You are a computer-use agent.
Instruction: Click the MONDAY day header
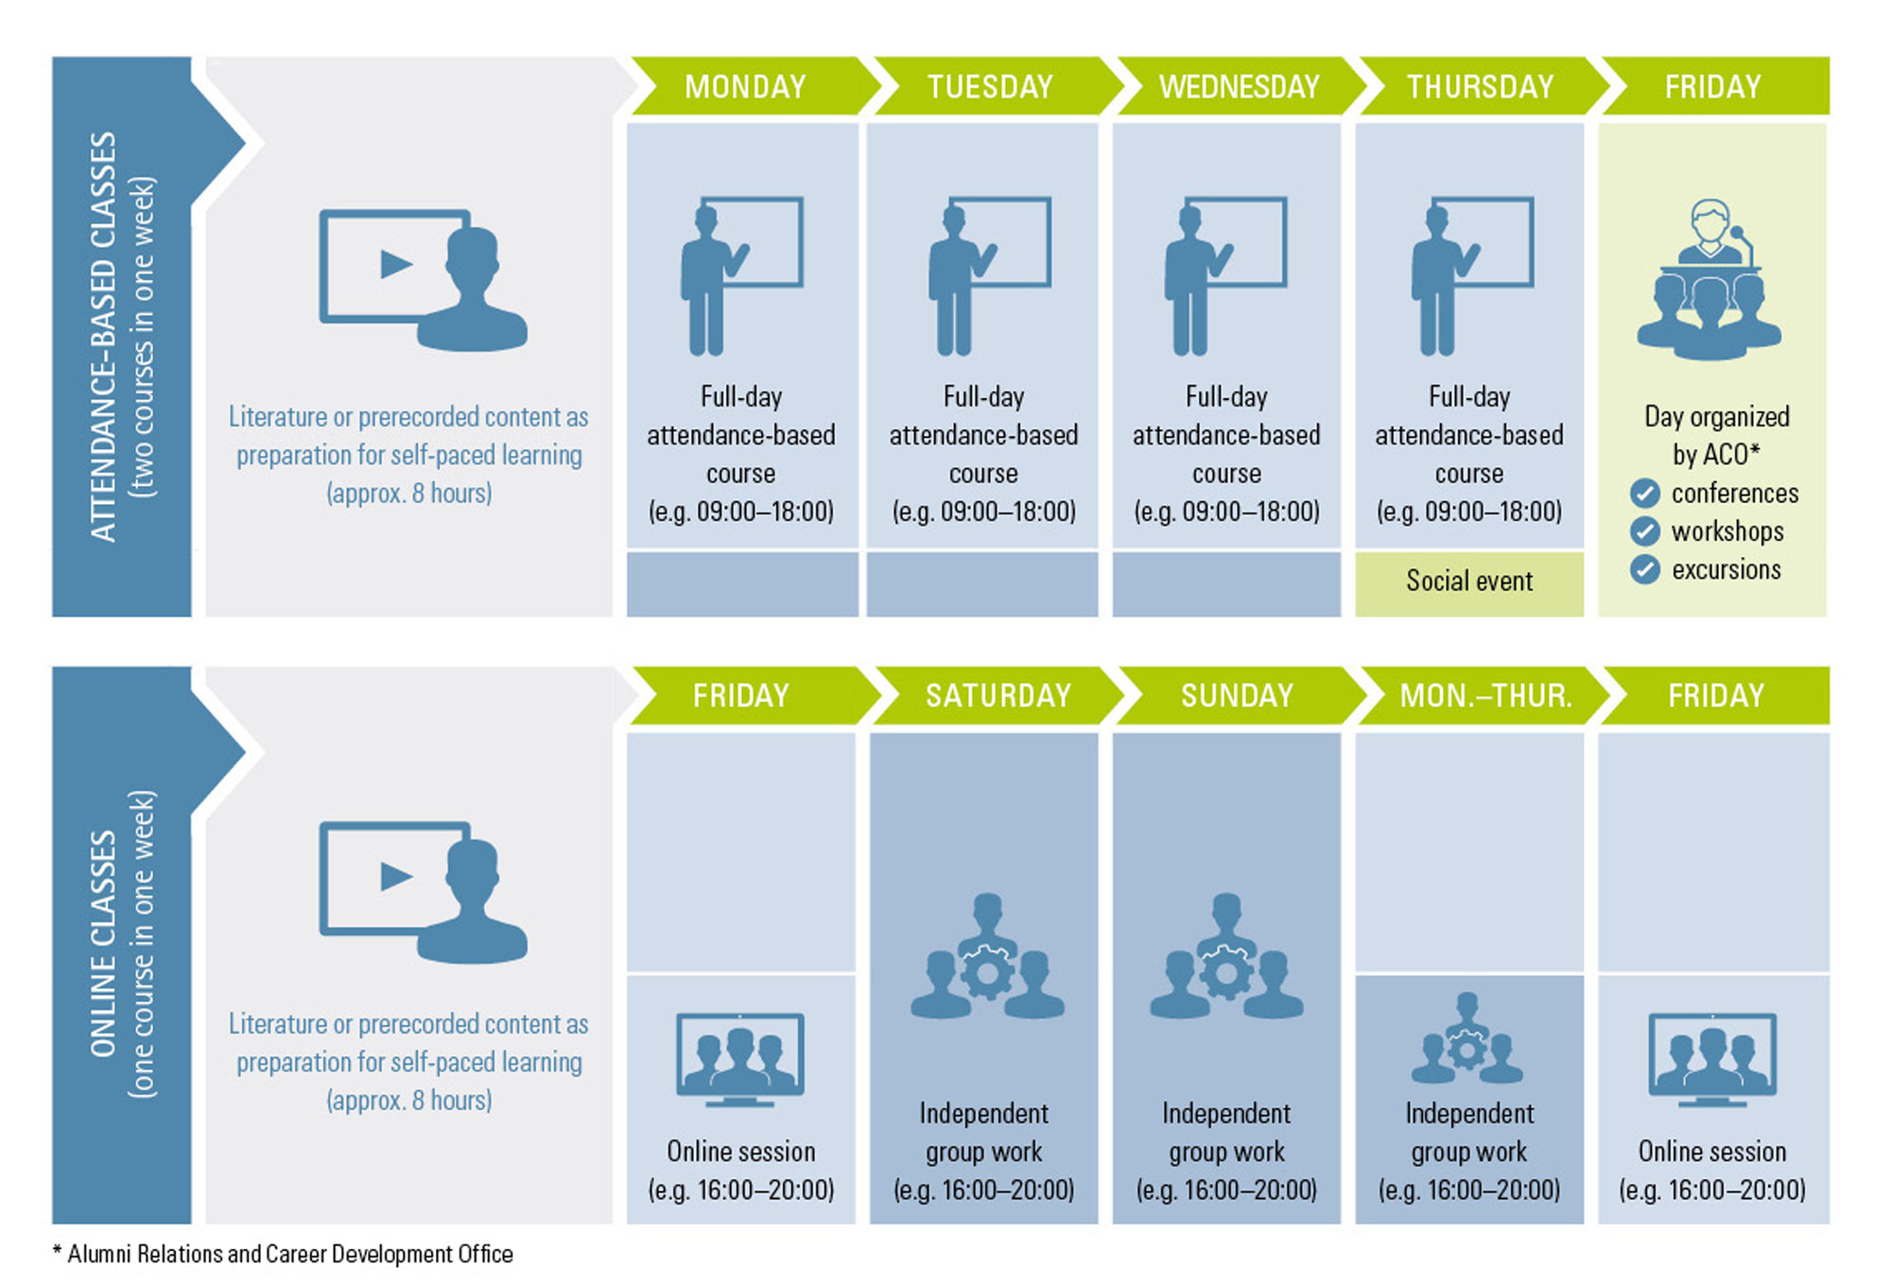pyautogui.click(x=745, y=87)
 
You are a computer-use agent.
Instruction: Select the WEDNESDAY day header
pyautogui.click(x=1239, y=87)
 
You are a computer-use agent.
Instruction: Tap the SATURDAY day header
pyautogui.click(x=998, y=696)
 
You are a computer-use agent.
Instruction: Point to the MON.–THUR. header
pyautogui.click(x=1485, y=696)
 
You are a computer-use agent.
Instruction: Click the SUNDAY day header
pyautogui.click(x=1237, y=696)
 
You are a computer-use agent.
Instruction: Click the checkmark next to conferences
pyautogui.click(x=1645, y=493)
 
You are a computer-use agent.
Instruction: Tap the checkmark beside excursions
pyautogui.click(x=1645, y=569)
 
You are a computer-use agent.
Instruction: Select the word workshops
pyautogui.click(x=1727, y=531)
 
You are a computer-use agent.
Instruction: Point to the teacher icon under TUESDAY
pyautogui.click(x=989, y=276)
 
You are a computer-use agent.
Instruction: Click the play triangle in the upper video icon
pyautogui.click(x=396, y=264)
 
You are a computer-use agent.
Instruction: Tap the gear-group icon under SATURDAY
pyautogui.click(x=987, y=957)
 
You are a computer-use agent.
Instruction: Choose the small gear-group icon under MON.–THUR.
pyautogui.click(x=1467, y=1038)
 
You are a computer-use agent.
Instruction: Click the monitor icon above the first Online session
pyautogui.click(x=740, y=1059)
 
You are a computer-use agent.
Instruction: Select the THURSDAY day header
pyautogui.click(x=1481, y=87)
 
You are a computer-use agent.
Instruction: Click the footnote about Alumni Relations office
pyautogui.click(x=283, y=1255)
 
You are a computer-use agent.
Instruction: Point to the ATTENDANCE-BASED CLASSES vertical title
pyautogui.click(x=103, y=337)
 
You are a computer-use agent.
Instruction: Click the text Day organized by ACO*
pyautogui.click(x=1716, y=435)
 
